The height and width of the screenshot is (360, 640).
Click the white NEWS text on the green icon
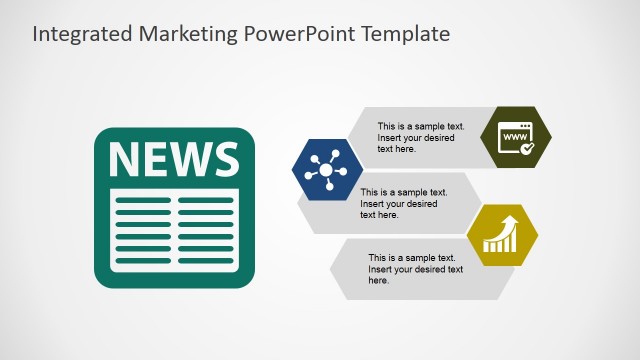click(x=174, y=160)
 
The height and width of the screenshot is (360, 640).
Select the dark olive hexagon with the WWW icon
click(x=517, y=136)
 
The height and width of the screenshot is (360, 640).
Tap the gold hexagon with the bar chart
click(x=503, y=236)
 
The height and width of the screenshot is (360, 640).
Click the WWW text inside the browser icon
click(x=515, y=132)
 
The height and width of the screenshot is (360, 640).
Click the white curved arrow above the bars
click(x=507, y=223)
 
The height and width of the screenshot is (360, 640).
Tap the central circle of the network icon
click(x=325, y=169)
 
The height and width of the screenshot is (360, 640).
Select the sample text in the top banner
click(x=420, y=138)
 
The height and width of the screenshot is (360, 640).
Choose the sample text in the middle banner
click(x=403, y=203)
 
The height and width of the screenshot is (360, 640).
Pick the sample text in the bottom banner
click(x=415, y=269)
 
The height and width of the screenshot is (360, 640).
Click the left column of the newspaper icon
click(x=144, y=229)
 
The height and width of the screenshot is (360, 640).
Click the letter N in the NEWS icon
click(x=125, y=160)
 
